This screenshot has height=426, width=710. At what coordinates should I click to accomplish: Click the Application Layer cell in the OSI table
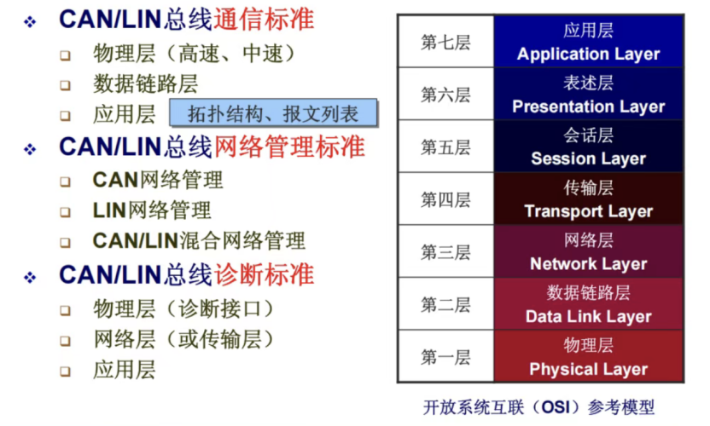pyautogui.click(x=588, y=42)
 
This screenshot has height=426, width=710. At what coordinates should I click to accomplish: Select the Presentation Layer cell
pyautogui.click(x=588, y=94)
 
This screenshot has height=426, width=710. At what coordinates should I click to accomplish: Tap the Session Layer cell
pyautogui.click(x=588, y=147)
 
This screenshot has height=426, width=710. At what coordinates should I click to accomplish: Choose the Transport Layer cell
pyautogui.click(x=588, y=199)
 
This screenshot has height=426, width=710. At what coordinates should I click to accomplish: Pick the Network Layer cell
pyautogui.click(x=588, y=251)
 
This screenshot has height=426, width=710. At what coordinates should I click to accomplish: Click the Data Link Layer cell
pyautogui.click(x=588, y=304)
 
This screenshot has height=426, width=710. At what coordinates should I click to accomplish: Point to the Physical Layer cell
pyautogui.click(x=588, y=356)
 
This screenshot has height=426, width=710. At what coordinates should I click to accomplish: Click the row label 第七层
pyautogui.click(x=445, y=42)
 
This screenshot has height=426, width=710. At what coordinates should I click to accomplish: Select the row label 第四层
pyautogui.click(x=445, y=199)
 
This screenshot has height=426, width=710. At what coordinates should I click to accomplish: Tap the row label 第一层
pyautogui.click(x=445, y=357)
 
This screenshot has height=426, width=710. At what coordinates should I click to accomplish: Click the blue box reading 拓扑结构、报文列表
pyautogui.click(x=273, y=112)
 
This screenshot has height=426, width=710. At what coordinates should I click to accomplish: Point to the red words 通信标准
pyautogui.click(x=264, y=20)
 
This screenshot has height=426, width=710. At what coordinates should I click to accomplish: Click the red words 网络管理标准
pyautogui.click(x=289, y=147)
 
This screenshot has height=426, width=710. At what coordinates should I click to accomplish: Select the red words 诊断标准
pyautogui.click(x=264, y=274)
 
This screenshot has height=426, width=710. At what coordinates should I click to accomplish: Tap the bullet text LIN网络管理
pyautogui.click(x=152, y=210)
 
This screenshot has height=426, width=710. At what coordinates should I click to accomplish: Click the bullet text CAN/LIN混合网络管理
pyautogui.click(x=199, y=240)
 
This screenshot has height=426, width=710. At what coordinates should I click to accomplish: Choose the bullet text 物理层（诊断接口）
pyautogui.click(x=183, y=309)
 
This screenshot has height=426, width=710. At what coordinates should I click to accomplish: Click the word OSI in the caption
pyautogui.click(x=556, y=407)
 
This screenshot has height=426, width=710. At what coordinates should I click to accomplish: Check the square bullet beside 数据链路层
pyautogui.click(x=66, y=85)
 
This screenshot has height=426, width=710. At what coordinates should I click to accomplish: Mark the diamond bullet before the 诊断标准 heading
pyautogui.click(x=30, y=277)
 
